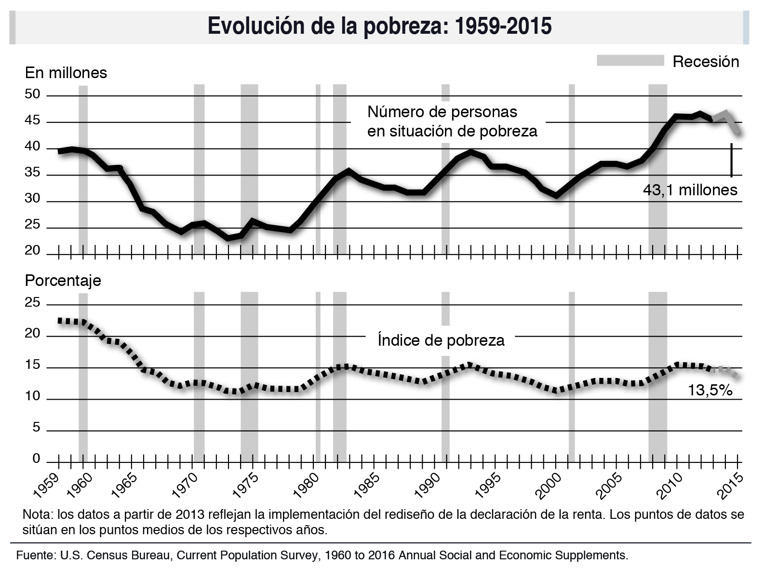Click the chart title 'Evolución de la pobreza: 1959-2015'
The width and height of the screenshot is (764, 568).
tap(379, 26)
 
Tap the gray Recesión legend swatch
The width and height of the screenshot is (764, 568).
tap(630, 61)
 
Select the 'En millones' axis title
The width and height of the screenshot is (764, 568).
tap(66, 73)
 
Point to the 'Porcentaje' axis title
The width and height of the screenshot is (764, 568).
tap(63, 281)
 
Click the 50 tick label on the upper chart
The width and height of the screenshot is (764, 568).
tap(33, 95)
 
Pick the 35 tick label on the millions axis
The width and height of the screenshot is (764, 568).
tap(33, 174)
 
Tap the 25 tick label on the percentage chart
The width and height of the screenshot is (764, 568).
tap(33, 303)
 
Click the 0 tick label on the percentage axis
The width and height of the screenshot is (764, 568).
tap(36, 459)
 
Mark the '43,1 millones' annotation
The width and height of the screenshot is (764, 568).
tap(690, 190)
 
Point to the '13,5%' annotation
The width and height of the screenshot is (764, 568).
tap(710, 390)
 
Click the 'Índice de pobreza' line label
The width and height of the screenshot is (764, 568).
tap(441, 340)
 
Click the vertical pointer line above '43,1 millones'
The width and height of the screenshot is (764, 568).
tap(731, 160)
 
